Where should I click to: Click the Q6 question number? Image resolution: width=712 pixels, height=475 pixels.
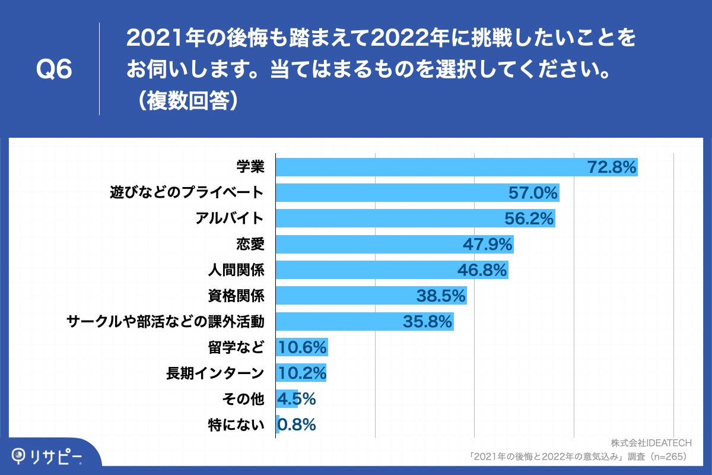54,70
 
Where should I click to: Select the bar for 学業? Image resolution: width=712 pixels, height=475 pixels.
457,167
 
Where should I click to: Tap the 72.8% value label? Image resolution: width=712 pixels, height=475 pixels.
612,167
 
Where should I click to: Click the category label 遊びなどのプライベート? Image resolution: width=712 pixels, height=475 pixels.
186,193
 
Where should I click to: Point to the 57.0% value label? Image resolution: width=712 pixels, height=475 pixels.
533,193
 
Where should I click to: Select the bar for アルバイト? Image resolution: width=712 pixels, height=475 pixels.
415,218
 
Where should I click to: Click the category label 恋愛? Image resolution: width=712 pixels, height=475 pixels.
250,244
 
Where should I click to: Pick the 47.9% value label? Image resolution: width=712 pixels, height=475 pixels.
487,244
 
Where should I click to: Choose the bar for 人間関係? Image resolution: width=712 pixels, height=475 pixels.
392,270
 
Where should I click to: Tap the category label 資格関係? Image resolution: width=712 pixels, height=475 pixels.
236,296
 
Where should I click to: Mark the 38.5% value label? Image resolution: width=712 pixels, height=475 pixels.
441,296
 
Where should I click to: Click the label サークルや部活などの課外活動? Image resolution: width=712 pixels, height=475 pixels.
165,321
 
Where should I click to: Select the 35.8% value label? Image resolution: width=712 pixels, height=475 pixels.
428,321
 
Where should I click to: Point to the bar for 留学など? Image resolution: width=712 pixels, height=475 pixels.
302,347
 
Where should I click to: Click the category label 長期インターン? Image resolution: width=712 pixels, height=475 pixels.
215,373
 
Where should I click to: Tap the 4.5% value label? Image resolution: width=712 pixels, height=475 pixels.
296,398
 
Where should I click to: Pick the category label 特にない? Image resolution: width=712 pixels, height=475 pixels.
236,425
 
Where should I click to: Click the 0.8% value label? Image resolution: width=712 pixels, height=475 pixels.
296,425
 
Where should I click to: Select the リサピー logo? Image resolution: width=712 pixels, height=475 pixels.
47,456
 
